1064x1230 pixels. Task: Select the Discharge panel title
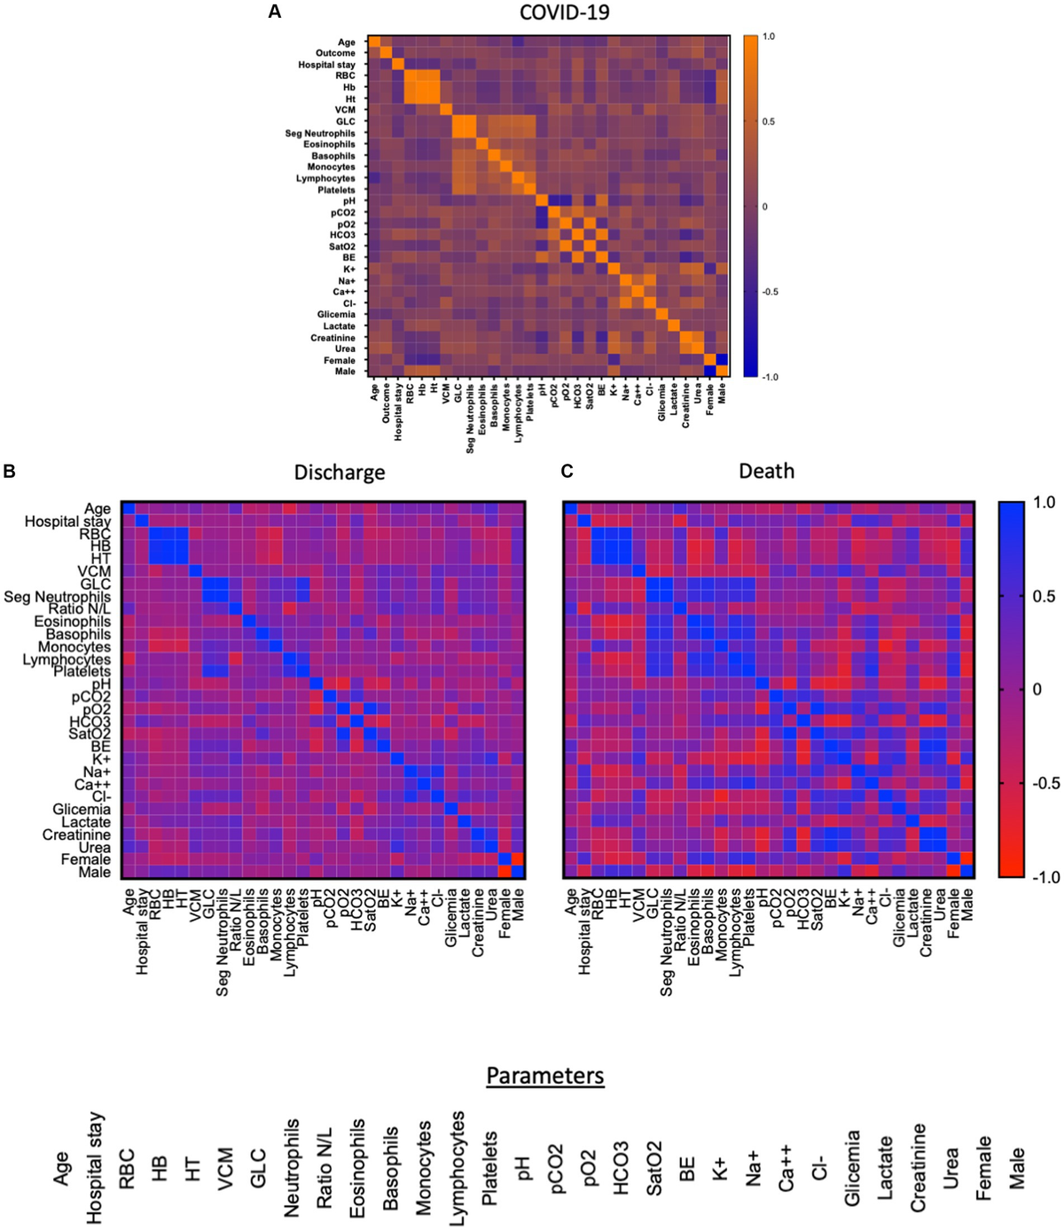tap(340, 472)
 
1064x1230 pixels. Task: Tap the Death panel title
tap(766, 471)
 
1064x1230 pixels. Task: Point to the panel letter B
tap(10, 471)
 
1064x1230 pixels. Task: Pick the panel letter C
tap(567, 471)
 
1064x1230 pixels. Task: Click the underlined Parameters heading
tap(544, 1076)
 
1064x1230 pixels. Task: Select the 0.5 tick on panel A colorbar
tap(769, 121)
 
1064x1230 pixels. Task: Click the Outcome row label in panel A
tap(335, 53)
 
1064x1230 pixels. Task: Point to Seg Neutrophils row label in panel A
tap(320, 133)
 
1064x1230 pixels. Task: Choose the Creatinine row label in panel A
tap(332, 338)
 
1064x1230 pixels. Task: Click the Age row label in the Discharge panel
tap(98, 509)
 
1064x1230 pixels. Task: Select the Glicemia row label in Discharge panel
tap(82, 810)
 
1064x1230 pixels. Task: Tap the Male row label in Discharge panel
tap(94, 872)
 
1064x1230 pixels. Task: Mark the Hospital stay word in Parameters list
tap(95, 1168)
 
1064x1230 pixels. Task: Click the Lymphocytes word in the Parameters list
tap(457, 1168)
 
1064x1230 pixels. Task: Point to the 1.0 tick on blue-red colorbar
tap(1044, 503)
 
